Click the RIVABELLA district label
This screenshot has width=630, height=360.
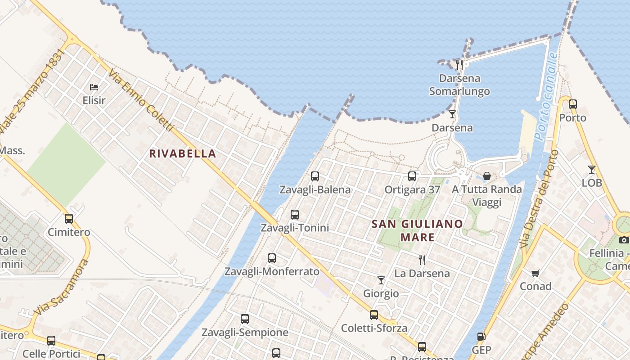coord(183,153)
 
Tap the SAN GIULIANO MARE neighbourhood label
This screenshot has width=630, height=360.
coord(417,230)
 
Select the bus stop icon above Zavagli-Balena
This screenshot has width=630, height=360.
coord(315,176)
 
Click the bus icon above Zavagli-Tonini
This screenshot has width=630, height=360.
coord(295,215)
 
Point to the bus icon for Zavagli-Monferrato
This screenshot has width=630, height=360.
coord(272,258)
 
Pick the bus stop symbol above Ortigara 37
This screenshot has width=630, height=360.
coord(412,176)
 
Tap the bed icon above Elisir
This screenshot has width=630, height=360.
coord(94,87)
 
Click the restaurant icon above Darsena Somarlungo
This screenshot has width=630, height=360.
coord(459,65)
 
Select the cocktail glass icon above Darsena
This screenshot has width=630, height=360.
coord(452,114)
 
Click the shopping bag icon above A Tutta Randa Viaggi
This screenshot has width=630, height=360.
coord(487,176)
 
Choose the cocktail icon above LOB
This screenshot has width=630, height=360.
coord(592,170)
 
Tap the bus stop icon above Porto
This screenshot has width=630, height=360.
coord(573,104)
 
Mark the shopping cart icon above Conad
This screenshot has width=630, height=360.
coord(535,273)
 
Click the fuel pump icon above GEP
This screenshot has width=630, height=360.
coord(481,337)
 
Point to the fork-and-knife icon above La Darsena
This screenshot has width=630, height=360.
coord(422,260)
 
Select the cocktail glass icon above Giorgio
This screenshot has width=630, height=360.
coord(381,280)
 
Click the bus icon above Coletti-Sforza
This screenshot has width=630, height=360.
coord(374,315)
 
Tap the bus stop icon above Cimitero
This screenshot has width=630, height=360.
coord(69,219)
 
